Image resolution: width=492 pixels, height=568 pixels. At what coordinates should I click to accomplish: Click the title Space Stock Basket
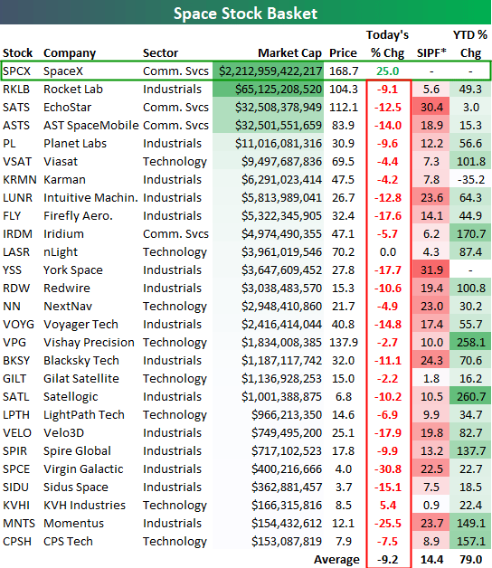click(245, 14)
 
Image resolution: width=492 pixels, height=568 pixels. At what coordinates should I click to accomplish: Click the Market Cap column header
click(289, 52)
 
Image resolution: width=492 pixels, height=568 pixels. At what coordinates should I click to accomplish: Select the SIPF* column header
click(431, 52)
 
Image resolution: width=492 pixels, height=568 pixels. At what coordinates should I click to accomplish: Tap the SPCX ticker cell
click(16, 71)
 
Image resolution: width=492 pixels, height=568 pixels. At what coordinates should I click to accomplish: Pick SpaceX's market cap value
click(270, 71)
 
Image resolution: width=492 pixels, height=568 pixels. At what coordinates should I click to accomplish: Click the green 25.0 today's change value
click(387, 71)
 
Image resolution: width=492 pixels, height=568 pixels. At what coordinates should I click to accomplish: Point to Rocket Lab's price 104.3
click(344, 90)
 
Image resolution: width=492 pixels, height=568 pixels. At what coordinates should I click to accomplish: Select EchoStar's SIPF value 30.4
click(431, 108)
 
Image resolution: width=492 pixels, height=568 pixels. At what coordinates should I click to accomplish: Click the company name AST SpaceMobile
click(91, 126)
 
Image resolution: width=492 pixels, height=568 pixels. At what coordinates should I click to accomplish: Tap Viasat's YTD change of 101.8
click(470, 162)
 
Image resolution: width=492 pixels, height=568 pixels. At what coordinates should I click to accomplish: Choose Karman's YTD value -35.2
click(470, 180)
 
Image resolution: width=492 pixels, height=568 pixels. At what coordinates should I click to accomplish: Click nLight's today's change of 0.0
click(388, 251)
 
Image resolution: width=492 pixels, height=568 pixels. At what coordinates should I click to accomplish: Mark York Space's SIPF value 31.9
click(431, 270)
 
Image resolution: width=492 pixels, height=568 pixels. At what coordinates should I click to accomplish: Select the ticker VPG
click(14, 342)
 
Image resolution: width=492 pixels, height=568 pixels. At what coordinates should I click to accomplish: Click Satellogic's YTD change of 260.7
click(470, 397)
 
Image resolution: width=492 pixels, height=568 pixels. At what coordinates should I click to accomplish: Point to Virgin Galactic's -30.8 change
click(388, 469)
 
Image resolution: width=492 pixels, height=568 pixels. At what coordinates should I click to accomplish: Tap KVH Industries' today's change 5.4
click(388, 506)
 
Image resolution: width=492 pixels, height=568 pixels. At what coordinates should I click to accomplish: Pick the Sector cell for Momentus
click(172, 524)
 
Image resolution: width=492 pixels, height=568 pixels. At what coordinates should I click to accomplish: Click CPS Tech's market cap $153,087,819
click(287, 542)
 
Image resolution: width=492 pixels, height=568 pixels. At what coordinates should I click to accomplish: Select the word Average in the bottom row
click(336, 560)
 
